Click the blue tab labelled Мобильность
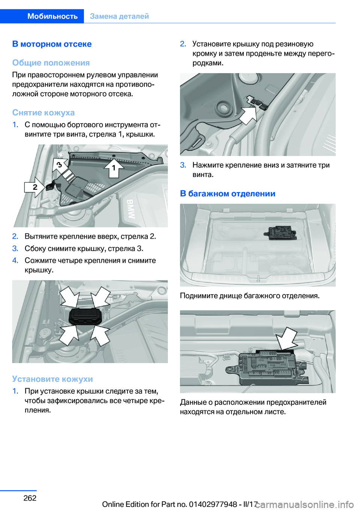pos(52,16)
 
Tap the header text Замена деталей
pos(119,16)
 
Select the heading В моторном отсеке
pos(52,44)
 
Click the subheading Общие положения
pos(51,63)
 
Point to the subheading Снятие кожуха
pos(43,113)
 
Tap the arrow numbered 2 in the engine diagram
pos(35,187)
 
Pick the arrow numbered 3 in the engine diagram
pos(60,164)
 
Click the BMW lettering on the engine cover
pos(130,209)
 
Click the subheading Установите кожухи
pos(52,379)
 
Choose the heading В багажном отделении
pos(227,194)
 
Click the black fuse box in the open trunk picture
pos(282,233)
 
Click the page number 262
pos(30,498)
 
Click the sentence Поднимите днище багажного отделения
pos(249,296)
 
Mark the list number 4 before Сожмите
pos(15,260)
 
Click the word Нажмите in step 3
pos(208,165)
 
